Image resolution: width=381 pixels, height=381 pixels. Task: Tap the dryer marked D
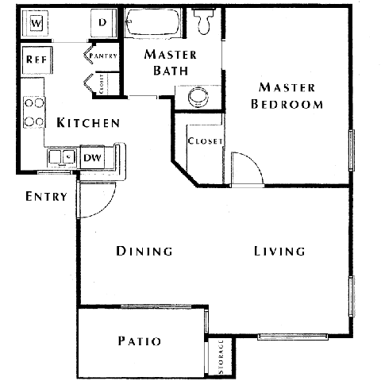102,22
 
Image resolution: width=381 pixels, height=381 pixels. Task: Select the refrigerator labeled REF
33,60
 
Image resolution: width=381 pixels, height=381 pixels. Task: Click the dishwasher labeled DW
93,157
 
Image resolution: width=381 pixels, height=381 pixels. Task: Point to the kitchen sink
61,157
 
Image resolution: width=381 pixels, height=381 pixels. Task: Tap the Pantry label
105,56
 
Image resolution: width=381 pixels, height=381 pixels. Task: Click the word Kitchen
88,123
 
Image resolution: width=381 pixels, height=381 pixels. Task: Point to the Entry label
45,196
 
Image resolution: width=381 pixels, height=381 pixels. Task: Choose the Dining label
144,252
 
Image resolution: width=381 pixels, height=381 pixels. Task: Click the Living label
279,252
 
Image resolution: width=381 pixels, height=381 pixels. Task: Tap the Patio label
140,342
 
